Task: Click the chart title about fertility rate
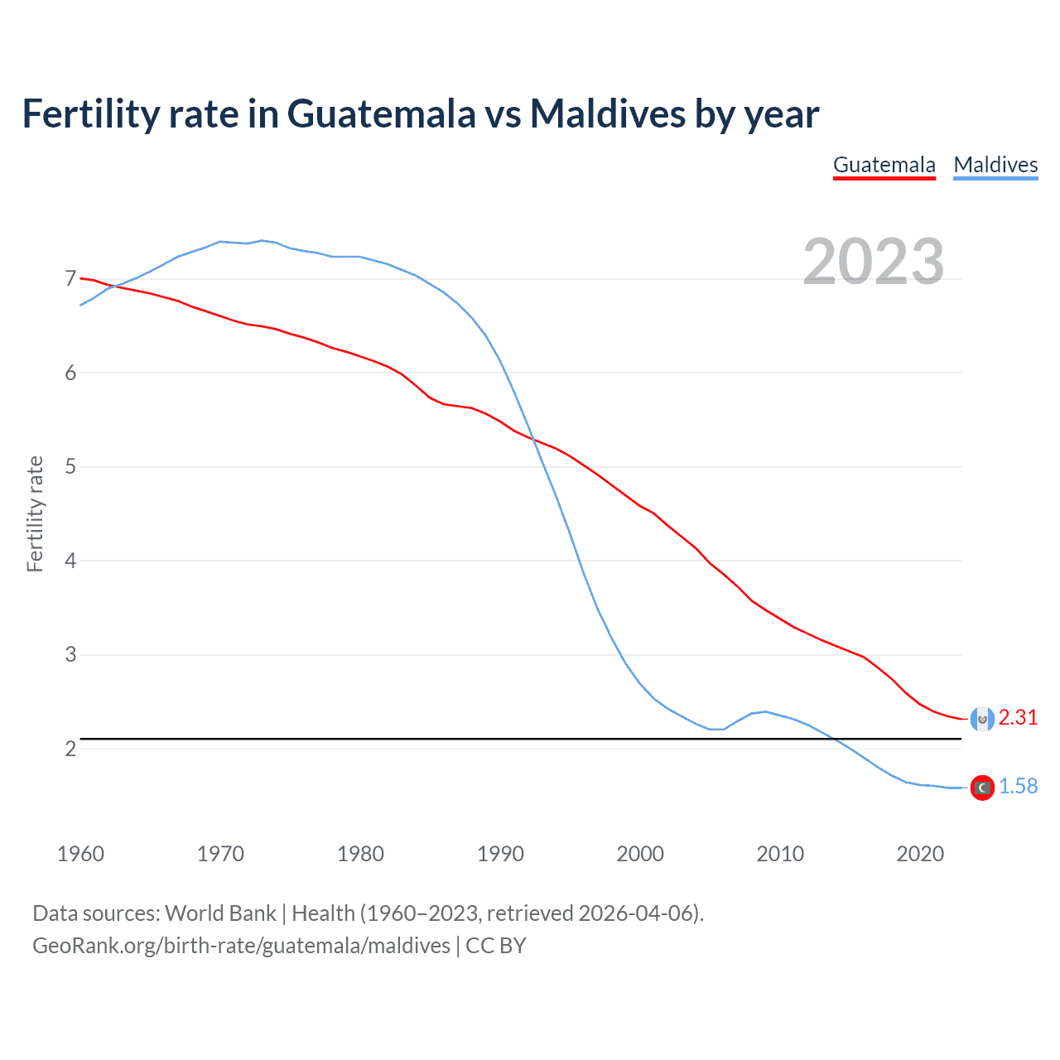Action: click(420, 113)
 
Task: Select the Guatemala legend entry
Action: click(884, 165)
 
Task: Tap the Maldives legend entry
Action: click(995, 165)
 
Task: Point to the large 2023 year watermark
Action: click(873, 262)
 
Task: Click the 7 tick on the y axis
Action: click(70, 279)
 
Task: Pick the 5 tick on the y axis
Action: click(70, 467)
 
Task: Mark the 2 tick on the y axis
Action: click(70, 749)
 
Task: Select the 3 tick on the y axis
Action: click(70, 655)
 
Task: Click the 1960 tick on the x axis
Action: click(80, 854)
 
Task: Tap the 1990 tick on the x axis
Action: click(500, 854)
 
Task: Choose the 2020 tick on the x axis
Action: click(920, 854)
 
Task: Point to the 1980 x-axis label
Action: click(360, 854)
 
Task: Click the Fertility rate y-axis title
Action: click(35, 513)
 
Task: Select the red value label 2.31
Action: click(1018, 718)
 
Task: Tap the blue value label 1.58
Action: click(1018, 787)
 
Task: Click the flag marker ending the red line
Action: click(982, 719)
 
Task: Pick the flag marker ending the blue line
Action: click(982, 788)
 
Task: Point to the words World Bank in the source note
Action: click(220, 913)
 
